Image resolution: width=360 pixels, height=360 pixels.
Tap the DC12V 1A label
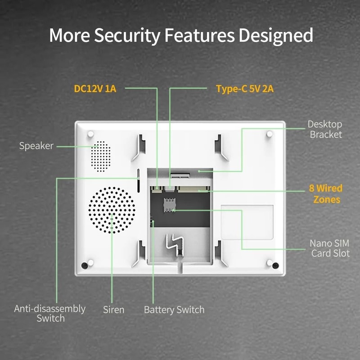95,88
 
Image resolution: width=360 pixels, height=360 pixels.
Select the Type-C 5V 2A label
245,88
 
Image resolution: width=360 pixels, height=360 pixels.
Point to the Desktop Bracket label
325,129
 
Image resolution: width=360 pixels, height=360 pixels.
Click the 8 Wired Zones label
325,194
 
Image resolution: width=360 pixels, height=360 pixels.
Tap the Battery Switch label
174,310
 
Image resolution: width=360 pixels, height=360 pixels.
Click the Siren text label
113,310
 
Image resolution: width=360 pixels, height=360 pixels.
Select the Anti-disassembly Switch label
50,313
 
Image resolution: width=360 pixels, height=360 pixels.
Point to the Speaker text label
36,146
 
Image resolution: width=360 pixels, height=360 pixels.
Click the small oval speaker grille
100,155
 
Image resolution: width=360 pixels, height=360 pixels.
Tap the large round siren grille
112,210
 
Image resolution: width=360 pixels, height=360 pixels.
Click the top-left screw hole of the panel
90,134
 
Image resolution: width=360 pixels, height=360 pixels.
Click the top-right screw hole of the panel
269,134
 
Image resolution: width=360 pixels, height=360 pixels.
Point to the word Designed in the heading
276,35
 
